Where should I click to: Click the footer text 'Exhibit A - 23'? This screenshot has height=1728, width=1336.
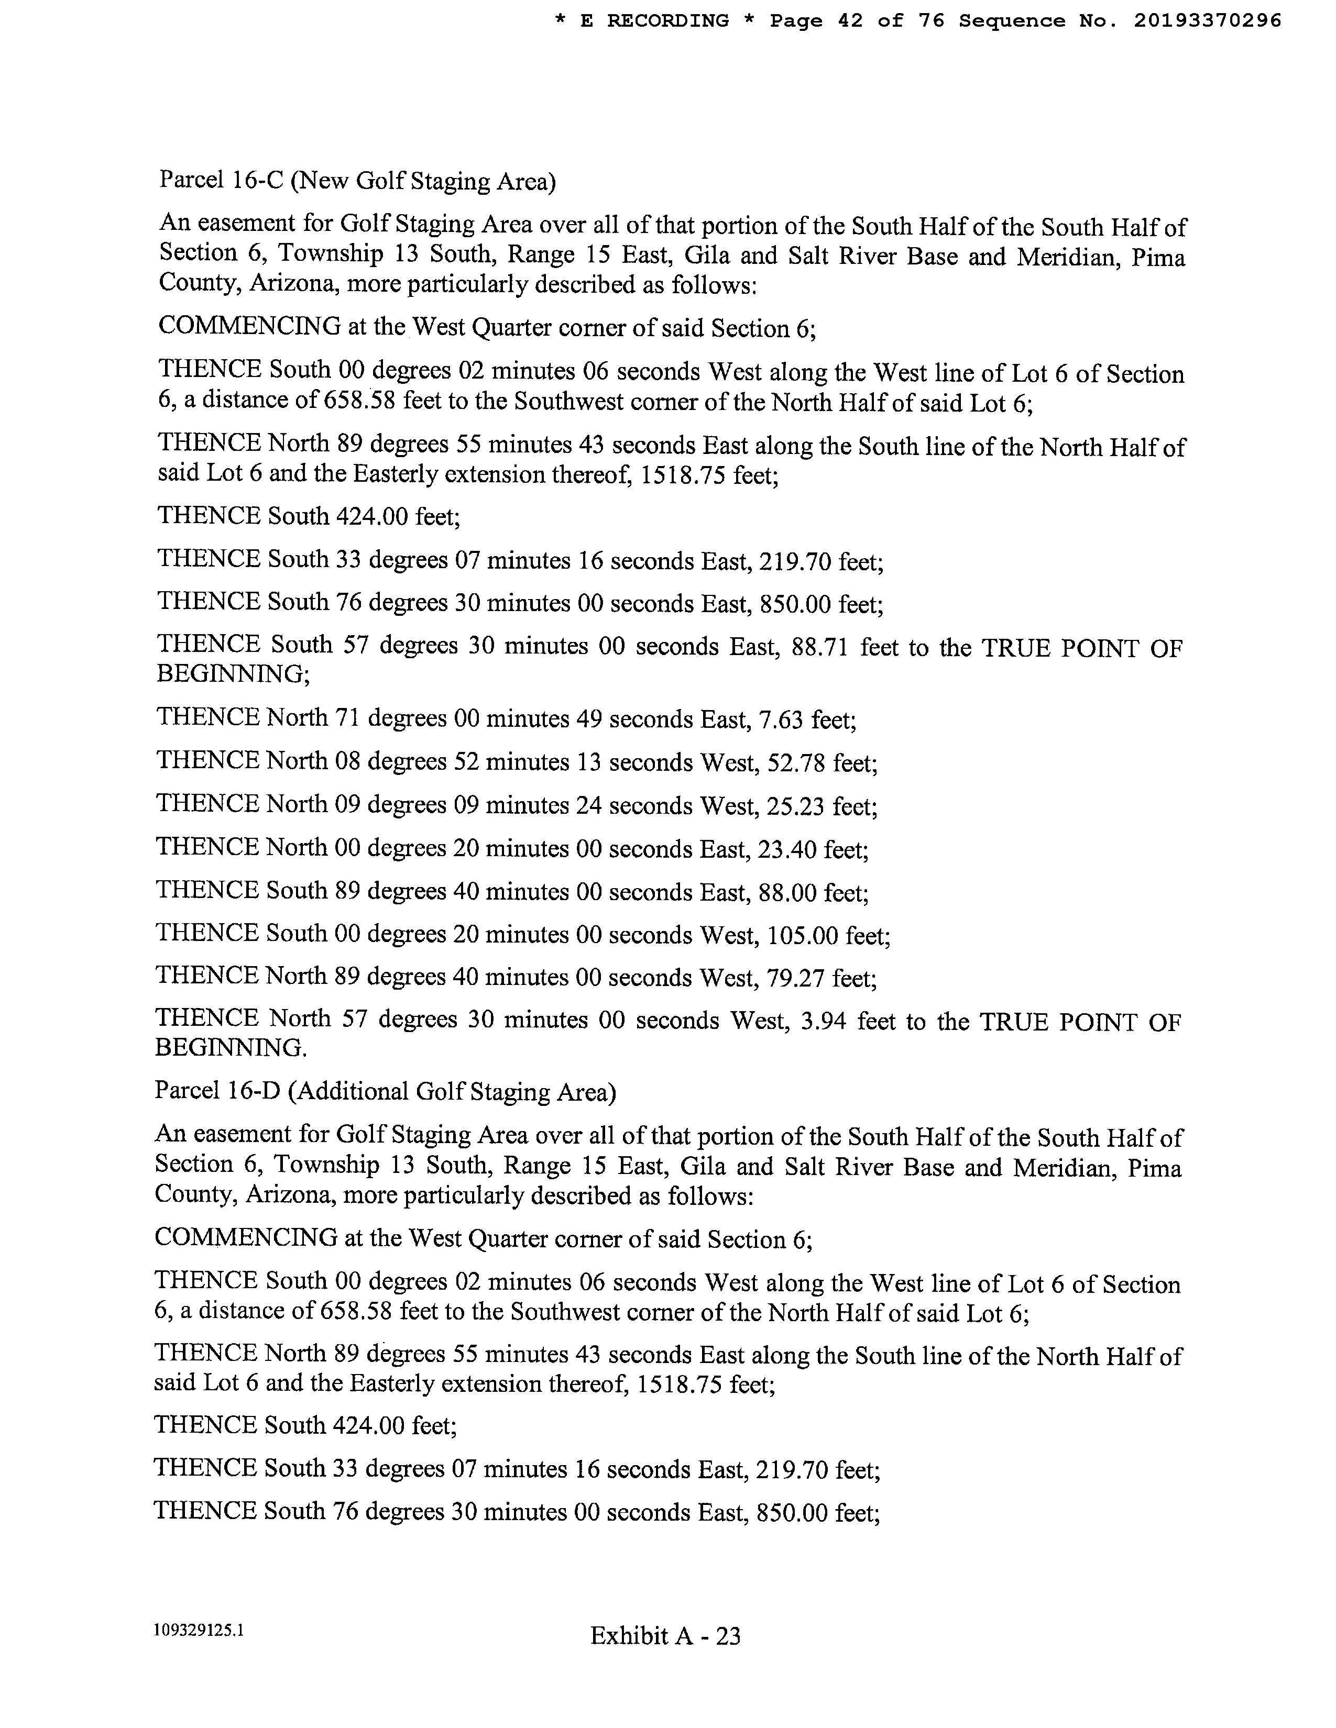click(665, 1635)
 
